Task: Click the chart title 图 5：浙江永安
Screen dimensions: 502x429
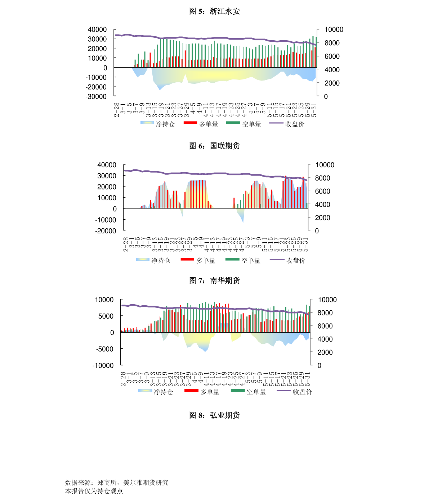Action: (214, 12)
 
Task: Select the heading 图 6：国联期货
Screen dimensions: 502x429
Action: (214, 146)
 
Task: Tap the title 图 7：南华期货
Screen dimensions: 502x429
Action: (214, 280)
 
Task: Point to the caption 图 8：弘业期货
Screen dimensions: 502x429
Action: (214, 415)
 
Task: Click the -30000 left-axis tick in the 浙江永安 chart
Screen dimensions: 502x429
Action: (96, 96)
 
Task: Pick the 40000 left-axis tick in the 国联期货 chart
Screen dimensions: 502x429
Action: (107, 165)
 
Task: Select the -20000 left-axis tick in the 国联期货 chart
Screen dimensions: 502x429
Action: (106, 231)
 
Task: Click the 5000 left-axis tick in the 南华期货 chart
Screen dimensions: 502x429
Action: (106, 316)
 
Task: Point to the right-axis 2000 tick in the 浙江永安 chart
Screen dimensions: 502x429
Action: (332, 83)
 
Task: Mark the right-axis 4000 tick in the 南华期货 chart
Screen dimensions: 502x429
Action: (325, 339)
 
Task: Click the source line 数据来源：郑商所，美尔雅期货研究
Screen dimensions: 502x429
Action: (117, 483)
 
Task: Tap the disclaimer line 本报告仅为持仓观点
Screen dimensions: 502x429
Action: (94, 491)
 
